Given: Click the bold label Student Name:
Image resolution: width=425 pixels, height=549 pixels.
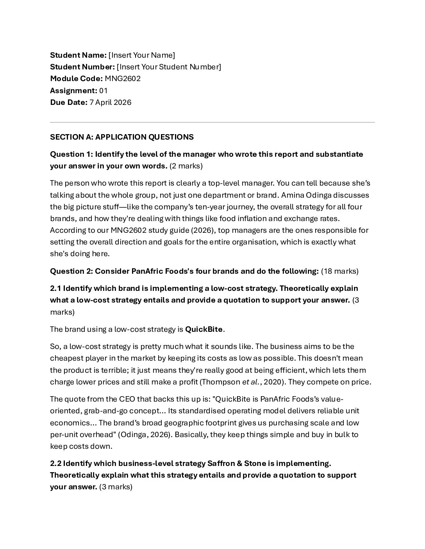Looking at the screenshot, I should tap(78, 55).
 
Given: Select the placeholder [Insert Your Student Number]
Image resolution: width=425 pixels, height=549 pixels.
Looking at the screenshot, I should tap(169, 67).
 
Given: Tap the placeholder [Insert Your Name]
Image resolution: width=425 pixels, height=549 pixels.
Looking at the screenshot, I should tap(142, 55).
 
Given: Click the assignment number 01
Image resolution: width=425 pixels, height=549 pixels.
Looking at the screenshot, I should tap(104, 90).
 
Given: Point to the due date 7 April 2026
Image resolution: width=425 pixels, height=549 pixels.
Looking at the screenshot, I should tap(111, 102).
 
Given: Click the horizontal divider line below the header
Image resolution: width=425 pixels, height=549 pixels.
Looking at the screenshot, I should tap(212, 122).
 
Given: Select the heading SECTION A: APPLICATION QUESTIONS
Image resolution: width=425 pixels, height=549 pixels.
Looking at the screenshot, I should tap(121, 137).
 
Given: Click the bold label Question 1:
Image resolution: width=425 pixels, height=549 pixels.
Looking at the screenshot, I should tap(71, 154).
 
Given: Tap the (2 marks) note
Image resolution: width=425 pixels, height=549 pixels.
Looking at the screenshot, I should tap(186, 166).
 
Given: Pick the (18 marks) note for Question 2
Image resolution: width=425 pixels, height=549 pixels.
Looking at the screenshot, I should tap(339, 271).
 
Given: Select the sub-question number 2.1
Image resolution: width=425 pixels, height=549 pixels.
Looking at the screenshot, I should tap(55, 288).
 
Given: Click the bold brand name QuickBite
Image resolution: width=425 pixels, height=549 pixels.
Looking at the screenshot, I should tap(204, 329).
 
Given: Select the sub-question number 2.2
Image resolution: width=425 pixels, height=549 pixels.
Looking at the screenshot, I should tap(55, 463).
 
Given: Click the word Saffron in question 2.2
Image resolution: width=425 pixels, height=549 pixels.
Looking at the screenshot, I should tap(221, 463).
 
